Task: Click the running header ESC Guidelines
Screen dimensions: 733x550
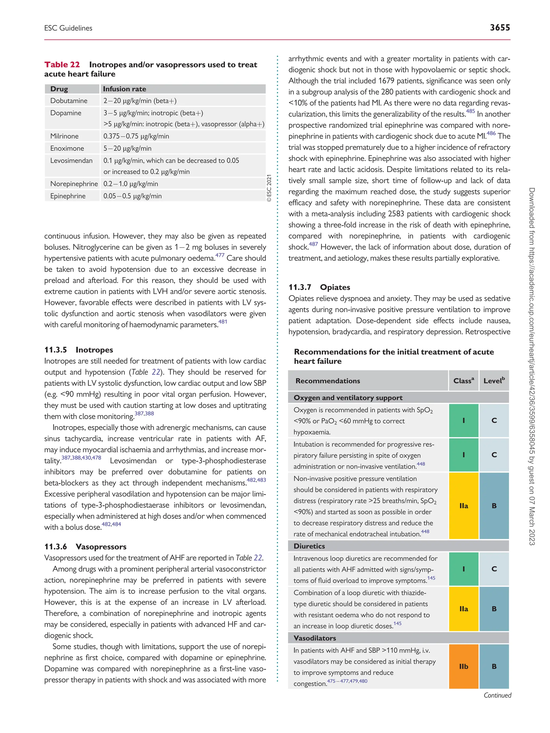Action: (x=68, y=28)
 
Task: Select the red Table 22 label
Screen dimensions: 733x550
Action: (x=62, y=65)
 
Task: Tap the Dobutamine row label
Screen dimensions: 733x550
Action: (x=69, y=101)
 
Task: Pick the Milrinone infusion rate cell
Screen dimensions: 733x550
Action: (x=136, y=136)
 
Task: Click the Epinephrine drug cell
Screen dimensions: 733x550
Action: (x=68, y=196)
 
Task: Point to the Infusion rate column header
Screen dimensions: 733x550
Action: (x=125, y=89)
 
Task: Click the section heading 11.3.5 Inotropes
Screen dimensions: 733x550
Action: (x=79, y=350)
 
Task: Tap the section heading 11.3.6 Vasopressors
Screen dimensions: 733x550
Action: (x=85, y=547)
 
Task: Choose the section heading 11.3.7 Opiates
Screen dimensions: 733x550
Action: (x=319, y=287)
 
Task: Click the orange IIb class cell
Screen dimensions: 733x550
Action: (x=464, y=666)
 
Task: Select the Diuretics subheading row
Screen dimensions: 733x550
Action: (x=309, y=546)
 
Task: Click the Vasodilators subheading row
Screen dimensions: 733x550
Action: (x=315, y=638)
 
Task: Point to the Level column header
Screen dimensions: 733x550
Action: (x=494, y=381)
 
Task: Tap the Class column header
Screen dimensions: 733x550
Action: (x=464, y=381)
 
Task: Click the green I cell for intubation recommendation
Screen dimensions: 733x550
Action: (x=464, y=455)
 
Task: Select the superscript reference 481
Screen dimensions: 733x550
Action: (x=223, y=322)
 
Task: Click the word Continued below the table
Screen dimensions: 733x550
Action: (x=497, y=695)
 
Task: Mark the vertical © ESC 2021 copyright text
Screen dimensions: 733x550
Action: (x=269, y=188)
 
